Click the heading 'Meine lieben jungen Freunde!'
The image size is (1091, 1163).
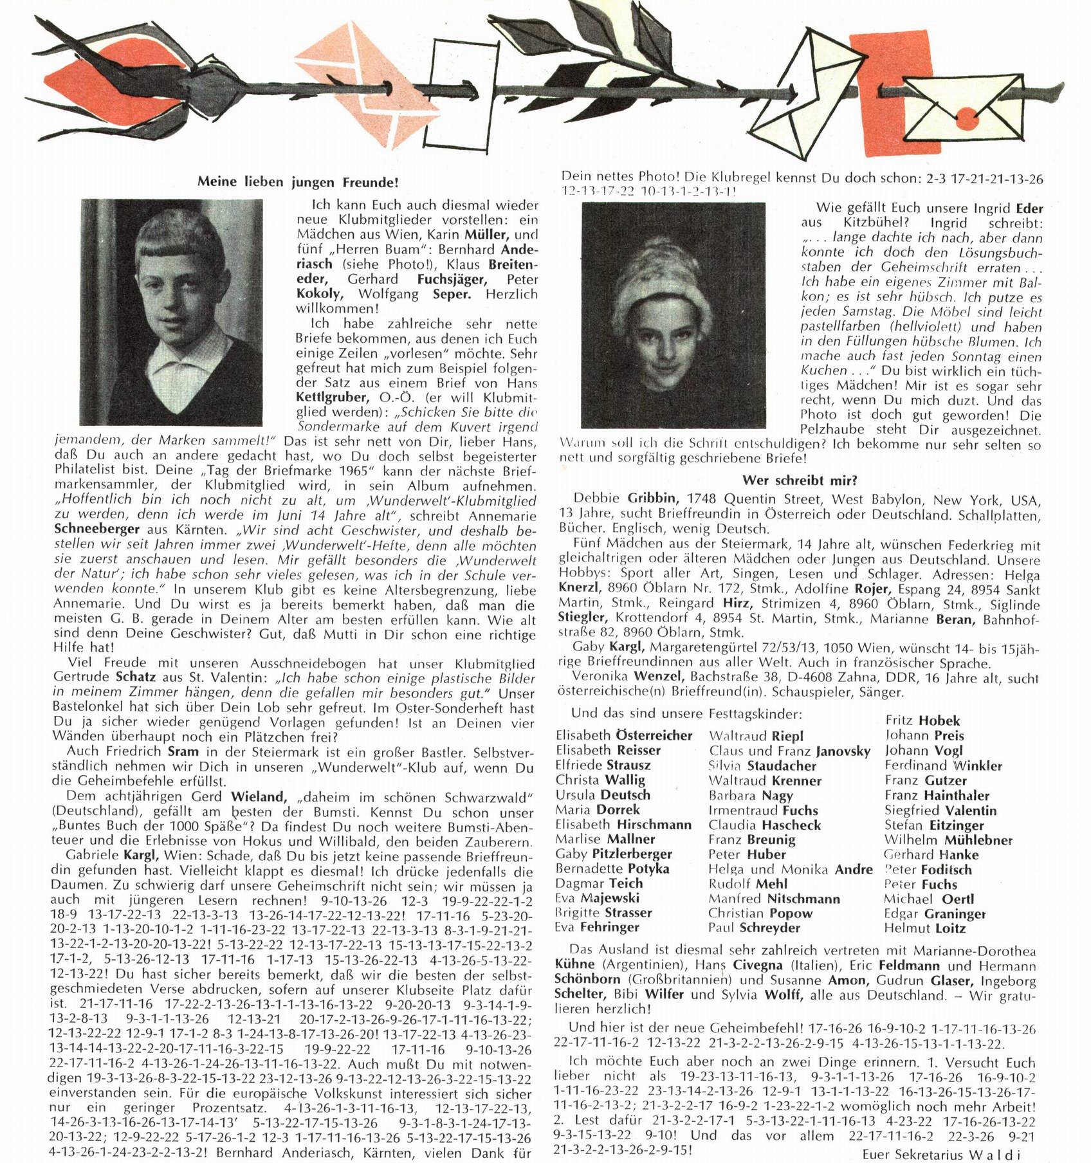click(x=298, y=182)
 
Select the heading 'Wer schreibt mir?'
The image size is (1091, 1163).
click(x=800, y=480)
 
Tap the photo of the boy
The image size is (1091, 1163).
click(x=171, y=312)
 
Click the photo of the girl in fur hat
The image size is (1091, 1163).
click(x=673, y=315)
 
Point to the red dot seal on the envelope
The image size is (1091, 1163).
click(x=966, y=117)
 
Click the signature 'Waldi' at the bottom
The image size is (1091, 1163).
click(x=995, y=1154)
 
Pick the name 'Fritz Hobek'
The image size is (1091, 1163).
click(x=922, y=720)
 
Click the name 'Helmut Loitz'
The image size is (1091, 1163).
click(x=924, y=928)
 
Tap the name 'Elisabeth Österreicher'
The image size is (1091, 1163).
click(x=623, y=735)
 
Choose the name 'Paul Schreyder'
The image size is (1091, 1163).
click(x=754, y=928)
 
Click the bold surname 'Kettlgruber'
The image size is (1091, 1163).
click(x=332, y=398)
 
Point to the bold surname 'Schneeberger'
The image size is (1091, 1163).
click(x=96, y=529)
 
